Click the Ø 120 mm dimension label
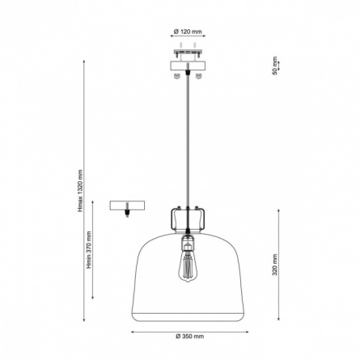[188, 32]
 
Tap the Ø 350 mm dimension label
[190, 337]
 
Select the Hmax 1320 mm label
[80, 191]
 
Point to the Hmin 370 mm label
[89, 250]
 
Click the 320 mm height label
[275, 265]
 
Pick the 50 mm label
[275, 66]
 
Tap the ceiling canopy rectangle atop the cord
[188, 66]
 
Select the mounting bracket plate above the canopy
[188, 52]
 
